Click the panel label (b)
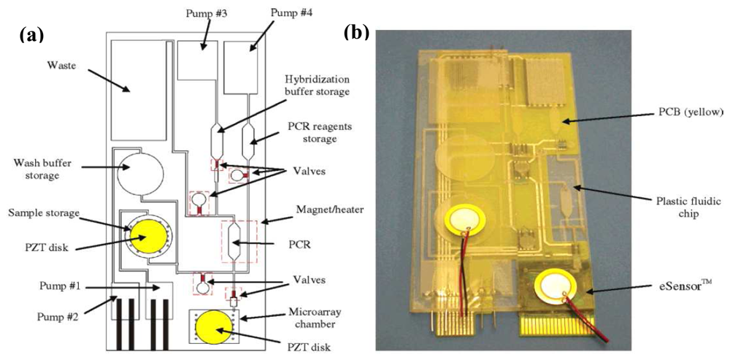tap(358, 32)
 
